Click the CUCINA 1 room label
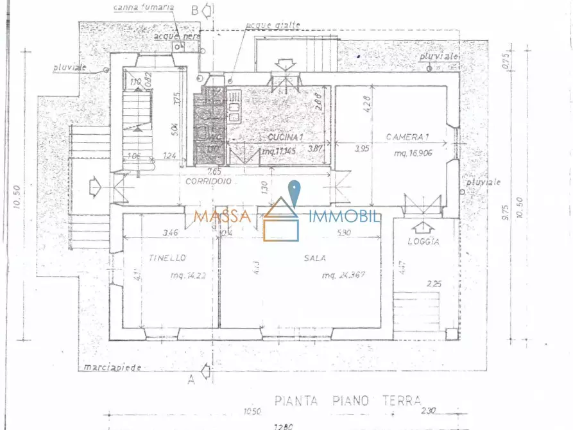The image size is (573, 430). click(x=285, y=137)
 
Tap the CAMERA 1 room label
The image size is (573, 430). click(x=407, y=137)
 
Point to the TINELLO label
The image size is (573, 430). click(x=167, y=258)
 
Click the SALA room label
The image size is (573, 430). click(x=316, y=258)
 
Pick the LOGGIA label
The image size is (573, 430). click(x=423, y=242)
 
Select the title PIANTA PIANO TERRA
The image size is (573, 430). click(x=348, y=401)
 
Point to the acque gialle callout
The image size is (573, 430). click(x=273, y=25)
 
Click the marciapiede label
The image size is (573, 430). click(x=112, y=368)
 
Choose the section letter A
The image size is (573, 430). click(x=191, y=379)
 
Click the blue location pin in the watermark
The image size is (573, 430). click(x=293, y=193)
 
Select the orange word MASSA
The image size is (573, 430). click(x=223, y=216)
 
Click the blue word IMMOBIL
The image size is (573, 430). click(x=345, y=216)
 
